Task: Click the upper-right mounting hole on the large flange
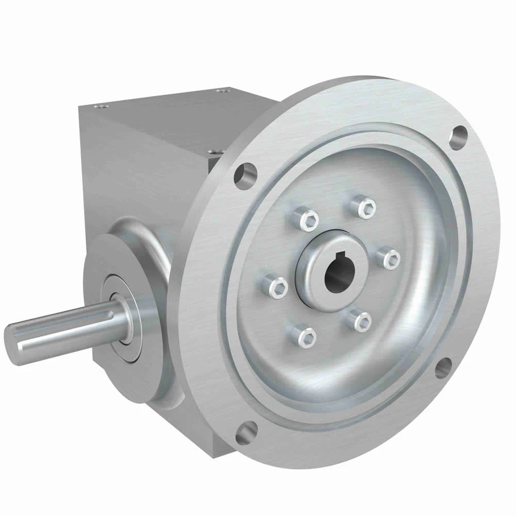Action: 458,137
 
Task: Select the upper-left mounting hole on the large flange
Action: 245,175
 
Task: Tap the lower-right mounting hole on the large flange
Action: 443,367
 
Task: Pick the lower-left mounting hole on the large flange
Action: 246,432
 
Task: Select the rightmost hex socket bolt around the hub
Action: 389,256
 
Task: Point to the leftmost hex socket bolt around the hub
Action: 275,287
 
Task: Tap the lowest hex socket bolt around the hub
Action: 303,336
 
